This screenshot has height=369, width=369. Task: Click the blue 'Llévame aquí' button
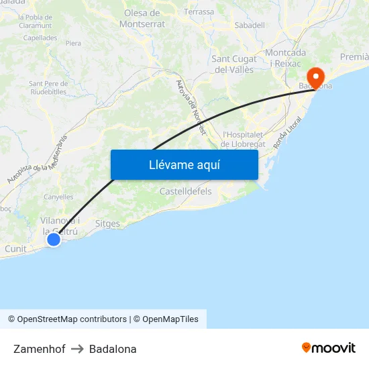[x=184, y=164]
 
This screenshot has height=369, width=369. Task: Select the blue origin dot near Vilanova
[x=54, y=239]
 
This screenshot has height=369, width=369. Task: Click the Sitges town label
[x=107, y=224]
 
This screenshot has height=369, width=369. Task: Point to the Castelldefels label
[x=186, y=191]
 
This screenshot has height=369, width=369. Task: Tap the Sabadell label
[x=249, y=25]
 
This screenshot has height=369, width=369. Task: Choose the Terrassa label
[x=199, y=12]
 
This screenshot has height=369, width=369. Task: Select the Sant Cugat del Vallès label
[x=235, y=64]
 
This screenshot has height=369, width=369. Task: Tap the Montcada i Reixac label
[x=286, y=58]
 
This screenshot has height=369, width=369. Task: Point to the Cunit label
[x=15, y=249]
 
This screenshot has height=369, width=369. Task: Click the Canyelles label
[x=58, y=197]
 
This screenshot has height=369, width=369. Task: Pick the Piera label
[x=73, y=43]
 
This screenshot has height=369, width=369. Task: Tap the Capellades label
[x=40, y=38]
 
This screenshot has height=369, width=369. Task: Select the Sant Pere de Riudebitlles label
[x=47, y=87]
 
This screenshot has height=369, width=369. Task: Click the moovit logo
[x=329, y=348]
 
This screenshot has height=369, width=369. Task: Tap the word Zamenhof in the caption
[x=39, y=349]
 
